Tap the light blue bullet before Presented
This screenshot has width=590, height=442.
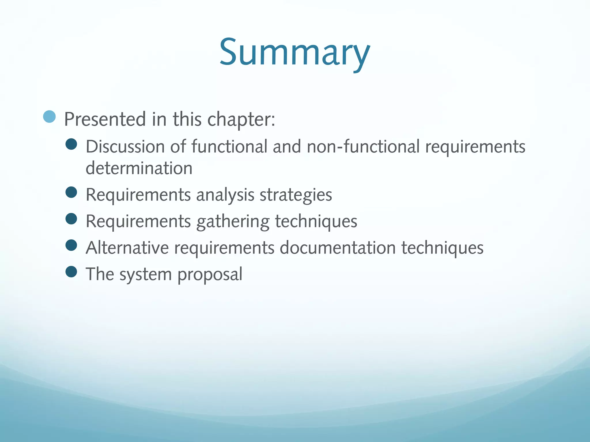49,117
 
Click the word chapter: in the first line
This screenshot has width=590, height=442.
241,119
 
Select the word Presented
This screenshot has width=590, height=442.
105,119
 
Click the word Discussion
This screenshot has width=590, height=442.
125,146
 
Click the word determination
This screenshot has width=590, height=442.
139,168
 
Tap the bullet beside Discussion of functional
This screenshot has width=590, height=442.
71,144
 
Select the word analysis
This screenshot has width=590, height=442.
225,195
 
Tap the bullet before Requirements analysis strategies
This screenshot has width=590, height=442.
71,192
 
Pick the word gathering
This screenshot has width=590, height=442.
233,222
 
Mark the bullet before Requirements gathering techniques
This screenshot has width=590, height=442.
71,219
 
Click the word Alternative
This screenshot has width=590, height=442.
127,248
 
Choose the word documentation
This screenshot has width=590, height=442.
338,248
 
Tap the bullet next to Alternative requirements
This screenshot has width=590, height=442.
71,245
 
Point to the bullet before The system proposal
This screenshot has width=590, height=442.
71,272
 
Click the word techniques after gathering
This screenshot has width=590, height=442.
316,221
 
